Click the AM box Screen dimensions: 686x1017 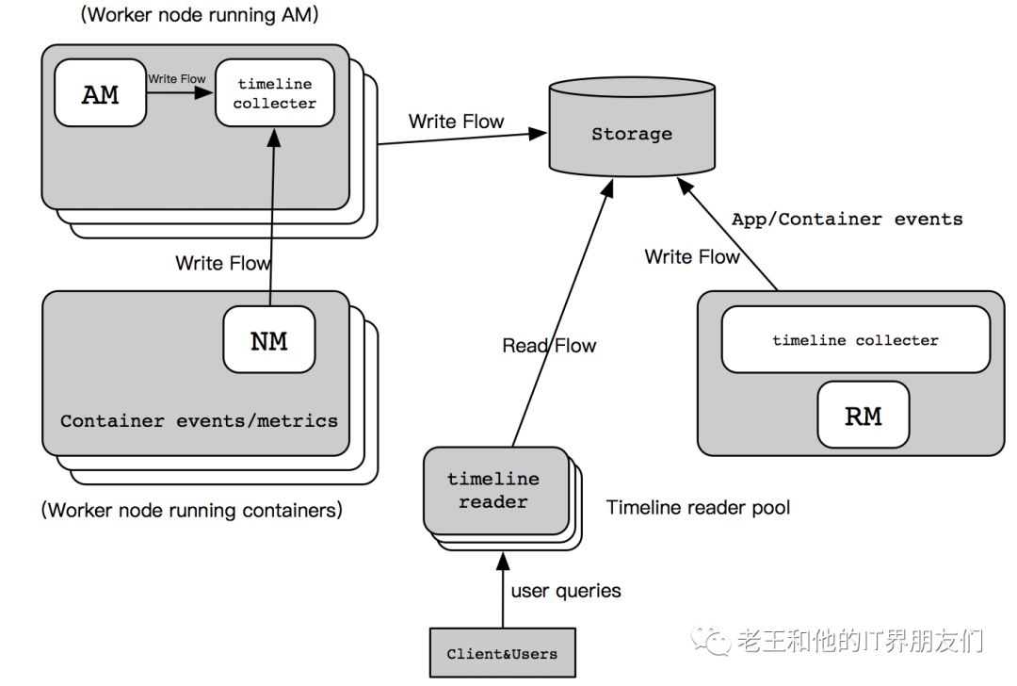(101, 92)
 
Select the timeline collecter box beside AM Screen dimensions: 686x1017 (275, 92)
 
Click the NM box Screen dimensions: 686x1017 (268, 339)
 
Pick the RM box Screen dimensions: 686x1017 (863, 416)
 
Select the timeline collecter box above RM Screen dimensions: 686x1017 (855, 339)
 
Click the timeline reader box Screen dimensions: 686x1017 (492, 490)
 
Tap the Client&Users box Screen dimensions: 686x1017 (502, 653)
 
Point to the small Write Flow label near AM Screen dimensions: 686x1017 (176, 79)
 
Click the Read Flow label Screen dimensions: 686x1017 (549, 346)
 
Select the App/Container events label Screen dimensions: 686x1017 (847, 219)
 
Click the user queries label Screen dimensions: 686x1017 (566, 591)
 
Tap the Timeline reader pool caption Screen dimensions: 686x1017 (698, 508)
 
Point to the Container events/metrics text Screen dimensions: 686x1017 (199, 420)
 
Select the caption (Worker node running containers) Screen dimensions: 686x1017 (192, 511)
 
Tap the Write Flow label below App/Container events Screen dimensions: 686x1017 (692, 256)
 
